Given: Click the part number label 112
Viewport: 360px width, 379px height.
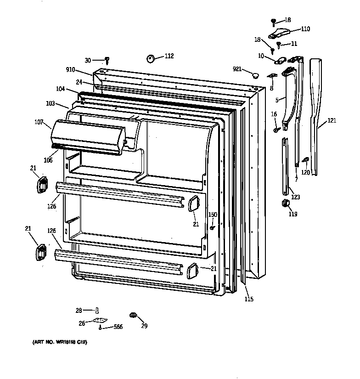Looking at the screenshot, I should pos(169,56).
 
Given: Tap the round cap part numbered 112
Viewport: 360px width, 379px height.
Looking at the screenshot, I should pos(151,58).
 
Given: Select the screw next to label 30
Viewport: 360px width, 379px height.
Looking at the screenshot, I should pos(107,60).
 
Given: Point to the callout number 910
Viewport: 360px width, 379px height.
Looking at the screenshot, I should pos(71,70).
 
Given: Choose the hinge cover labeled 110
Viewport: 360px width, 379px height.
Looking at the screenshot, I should pos(280,33).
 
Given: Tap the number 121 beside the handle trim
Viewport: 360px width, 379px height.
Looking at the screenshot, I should pos(332,121).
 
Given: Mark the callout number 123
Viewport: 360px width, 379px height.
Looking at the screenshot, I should pos(295,197).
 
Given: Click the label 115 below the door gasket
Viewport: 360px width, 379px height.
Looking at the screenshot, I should pos(248,300).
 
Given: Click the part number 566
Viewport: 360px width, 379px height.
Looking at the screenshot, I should pos(118,327).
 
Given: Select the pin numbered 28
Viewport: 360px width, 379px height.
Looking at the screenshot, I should pos(97,311).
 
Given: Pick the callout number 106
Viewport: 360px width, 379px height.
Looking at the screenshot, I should pos(48,160).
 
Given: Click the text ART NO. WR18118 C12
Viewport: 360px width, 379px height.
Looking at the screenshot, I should pos(60,343).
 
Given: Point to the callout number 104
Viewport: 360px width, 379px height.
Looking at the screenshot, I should pos(61,90).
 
